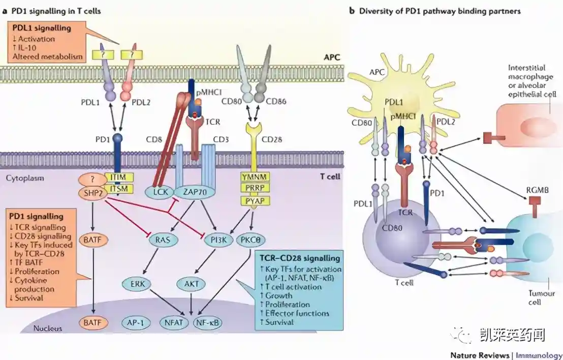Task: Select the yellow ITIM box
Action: (119, 177)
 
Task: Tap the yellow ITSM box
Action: (119, 189)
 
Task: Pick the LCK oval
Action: (157, 192)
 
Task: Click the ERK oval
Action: (136, 283)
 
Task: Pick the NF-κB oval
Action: (208, 322)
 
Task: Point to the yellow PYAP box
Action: (254, 200)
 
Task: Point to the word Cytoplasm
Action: (24, 178)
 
